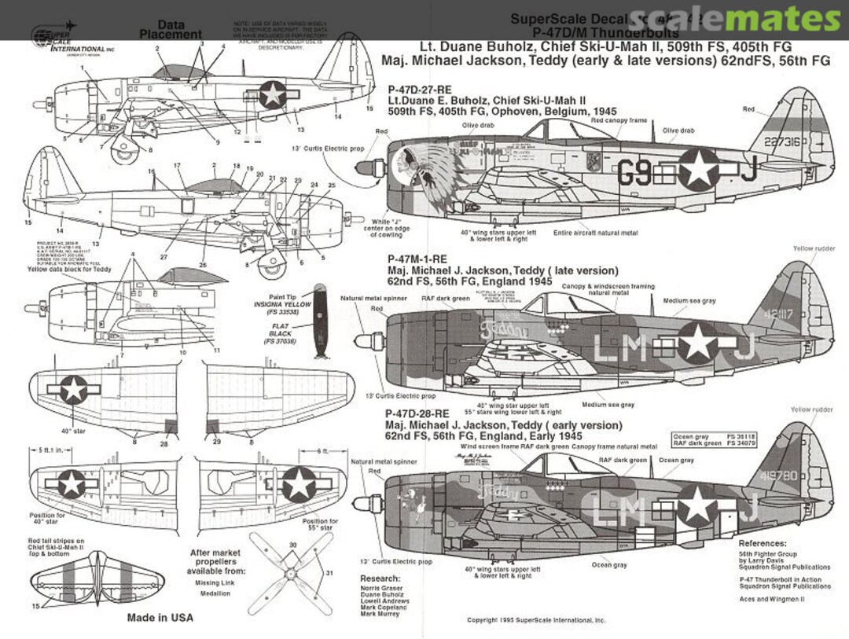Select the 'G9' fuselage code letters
[x=634, y=171]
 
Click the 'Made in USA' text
[x=160, y=618]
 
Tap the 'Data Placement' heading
[x=171, y=30]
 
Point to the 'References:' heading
[x=762, y=543]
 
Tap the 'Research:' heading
[x=380, y=578]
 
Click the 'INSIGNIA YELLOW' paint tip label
[x=282, y=304]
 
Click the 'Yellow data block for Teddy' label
[x=71, y=270]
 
